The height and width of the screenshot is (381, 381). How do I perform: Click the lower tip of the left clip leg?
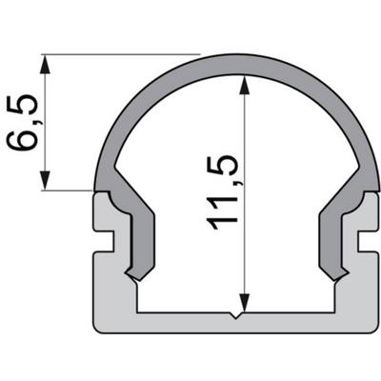(x=139, y=277)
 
